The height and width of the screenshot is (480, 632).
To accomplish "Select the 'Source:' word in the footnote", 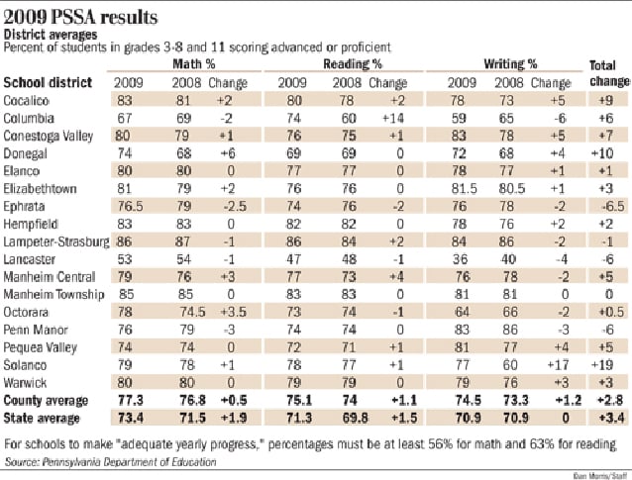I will pyautogui.click(x=25, y=461).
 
